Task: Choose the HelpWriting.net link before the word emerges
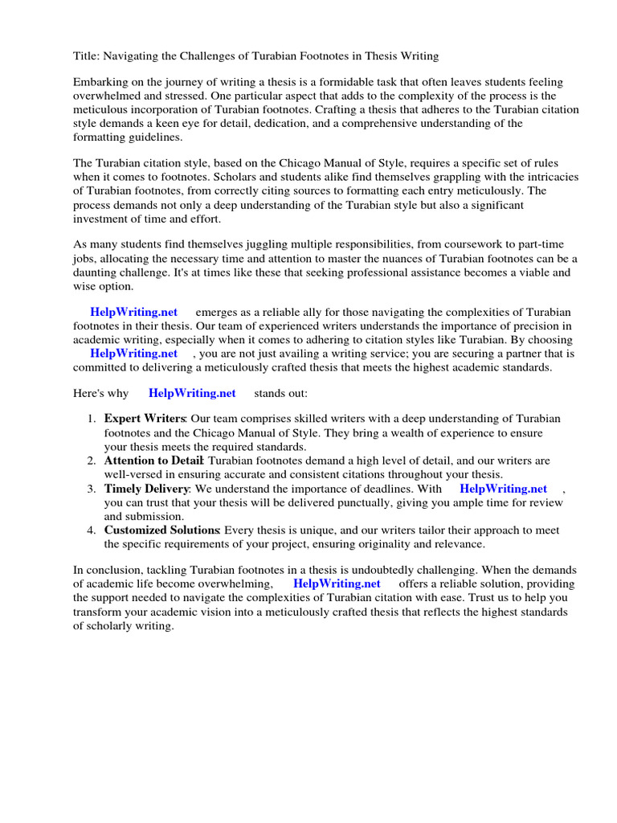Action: (x=133, y=312)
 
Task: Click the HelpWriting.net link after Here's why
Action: (x=192, y=393)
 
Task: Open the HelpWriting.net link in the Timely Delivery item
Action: (x=503, y=489)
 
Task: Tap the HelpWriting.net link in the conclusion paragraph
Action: (x=337, y=583)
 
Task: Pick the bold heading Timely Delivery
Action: (x=146, y=489)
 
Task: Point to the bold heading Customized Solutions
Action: (x=161, y=530)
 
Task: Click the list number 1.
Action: (x=91, y=419)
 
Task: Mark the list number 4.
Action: (x=91, y=530)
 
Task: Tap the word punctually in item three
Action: (x=354, y=502)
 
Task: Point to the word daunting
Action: (x=100, y=272)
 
